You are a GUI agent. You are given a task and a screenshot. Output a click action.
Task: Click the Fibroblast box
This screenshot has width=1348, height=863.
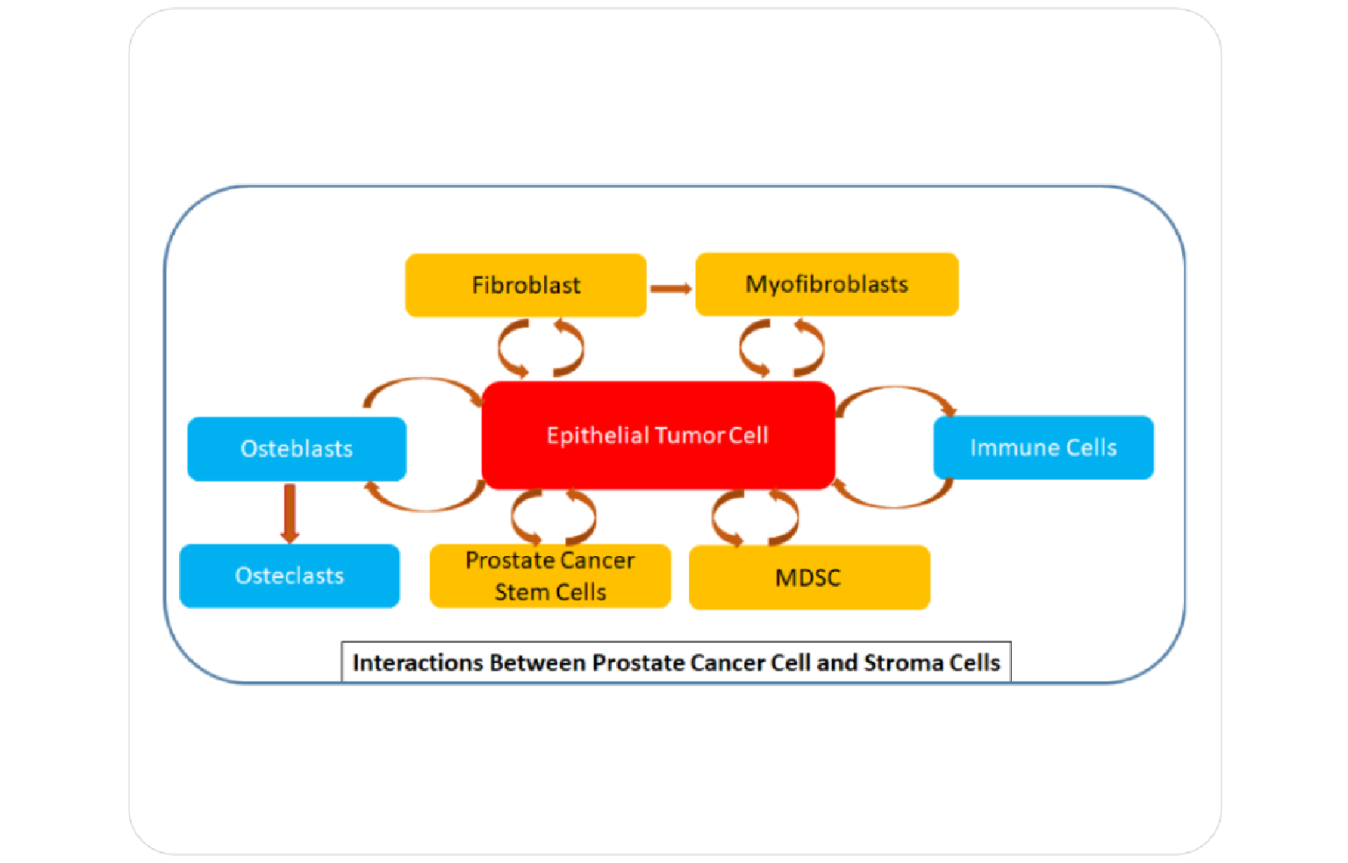click(526, 285)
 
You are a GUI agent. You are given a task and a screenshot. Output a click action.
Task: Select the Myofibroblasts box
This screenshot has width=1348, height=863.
click(827, 284)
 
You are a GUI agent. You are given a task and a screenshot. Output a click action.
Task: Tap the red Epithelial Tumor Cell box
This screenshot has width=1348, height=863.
click(658, 435)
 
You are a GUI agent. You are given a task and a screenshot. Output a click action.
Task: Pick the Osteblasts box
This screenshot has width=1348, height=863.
click(297, 449)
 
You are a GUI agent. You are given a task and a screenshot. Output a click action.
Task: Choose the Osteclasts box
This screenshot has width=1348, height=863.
click(290, 576)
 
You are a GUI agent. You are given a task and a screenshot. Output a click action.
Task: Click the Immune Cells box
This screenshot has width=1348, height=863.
click(1043, 447)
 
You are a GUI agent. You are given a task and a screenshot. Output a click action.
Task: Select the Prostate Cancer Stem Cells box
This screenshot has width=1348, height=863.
click(550, 576)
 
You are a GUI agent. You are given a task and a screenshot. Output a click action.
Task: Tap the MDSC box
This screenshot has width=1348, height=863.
click(808, 578)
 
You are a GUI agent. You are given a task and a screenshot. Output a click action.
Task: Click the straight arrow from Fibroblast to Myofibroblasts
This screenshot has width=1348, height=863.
click(670, 289)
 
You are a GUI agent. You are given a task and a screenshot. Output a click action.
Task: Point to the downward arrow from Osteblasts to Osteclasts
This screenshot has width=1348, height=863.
click(290, 513)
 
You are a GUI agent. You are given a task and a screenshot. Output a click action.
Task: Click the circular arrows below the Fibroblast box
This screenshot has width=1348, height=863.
click(541, 348)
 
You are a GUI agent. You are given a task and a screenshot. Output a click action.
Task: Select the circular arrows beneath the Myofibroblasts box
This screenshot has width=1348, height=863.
click(781, 348)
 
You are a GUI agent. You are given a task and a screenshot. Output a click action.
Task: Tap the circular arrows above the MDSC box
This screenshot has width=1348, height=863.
click(755, 517)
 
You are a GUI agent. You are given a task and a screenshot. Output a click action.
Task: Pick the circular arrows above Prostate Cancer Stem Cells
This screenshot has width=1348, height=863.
click(554, 517)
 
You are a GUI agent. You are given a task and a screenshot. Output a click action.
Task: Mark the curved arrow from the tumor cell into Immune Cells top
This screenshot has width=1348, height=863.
click(895, 393)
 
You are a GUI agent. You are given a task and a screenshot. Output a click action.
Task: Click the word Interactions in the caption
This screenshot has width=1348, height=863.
click(418, 663)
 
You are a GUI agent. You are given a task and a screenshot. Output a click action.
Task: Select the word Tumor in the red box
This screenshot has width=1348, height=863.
click(689, 436)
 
